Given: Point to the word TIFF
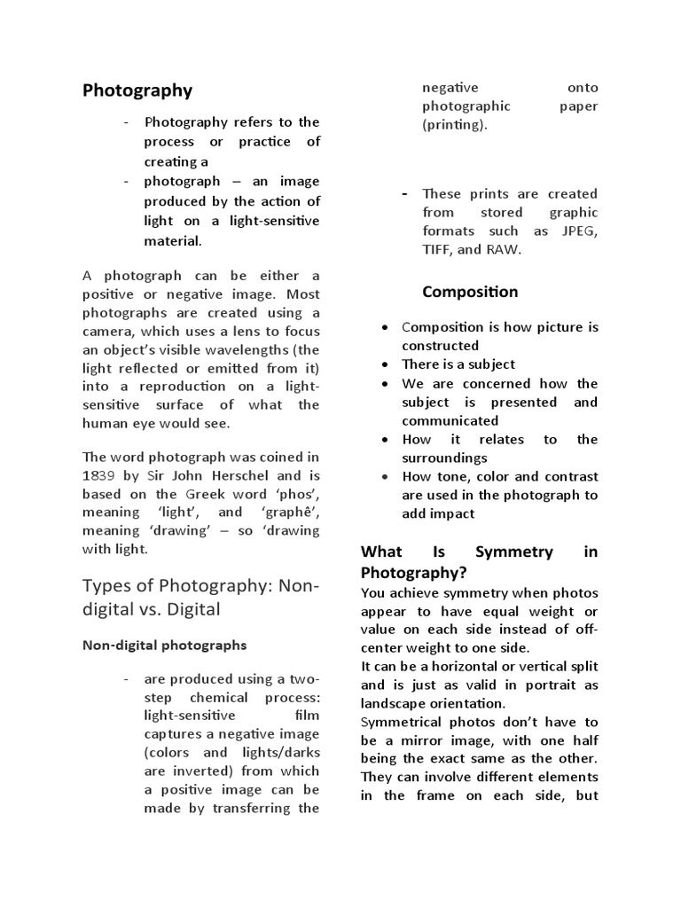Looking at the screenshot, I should point(437,249).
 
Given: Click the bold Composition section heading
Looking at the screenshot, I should point(470,292).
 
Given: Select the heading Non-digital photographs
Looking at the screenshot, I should point(164,645).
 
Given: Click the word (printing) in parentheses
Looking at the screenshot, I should point(454,125).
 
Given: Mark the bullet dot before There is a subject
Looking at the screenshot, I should point(383,364).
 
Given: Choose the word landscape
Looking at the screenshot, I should point(395,702).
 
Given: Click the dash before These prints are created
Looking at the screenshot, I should point(404,193).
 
